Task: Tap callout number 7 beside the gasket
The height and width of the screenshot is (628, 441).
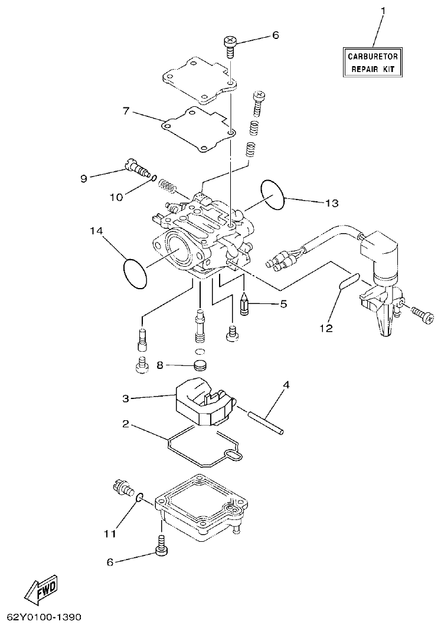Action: point(126,110)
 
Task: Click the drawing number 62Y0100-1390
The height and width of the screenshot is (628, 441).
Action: point(41,617)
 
